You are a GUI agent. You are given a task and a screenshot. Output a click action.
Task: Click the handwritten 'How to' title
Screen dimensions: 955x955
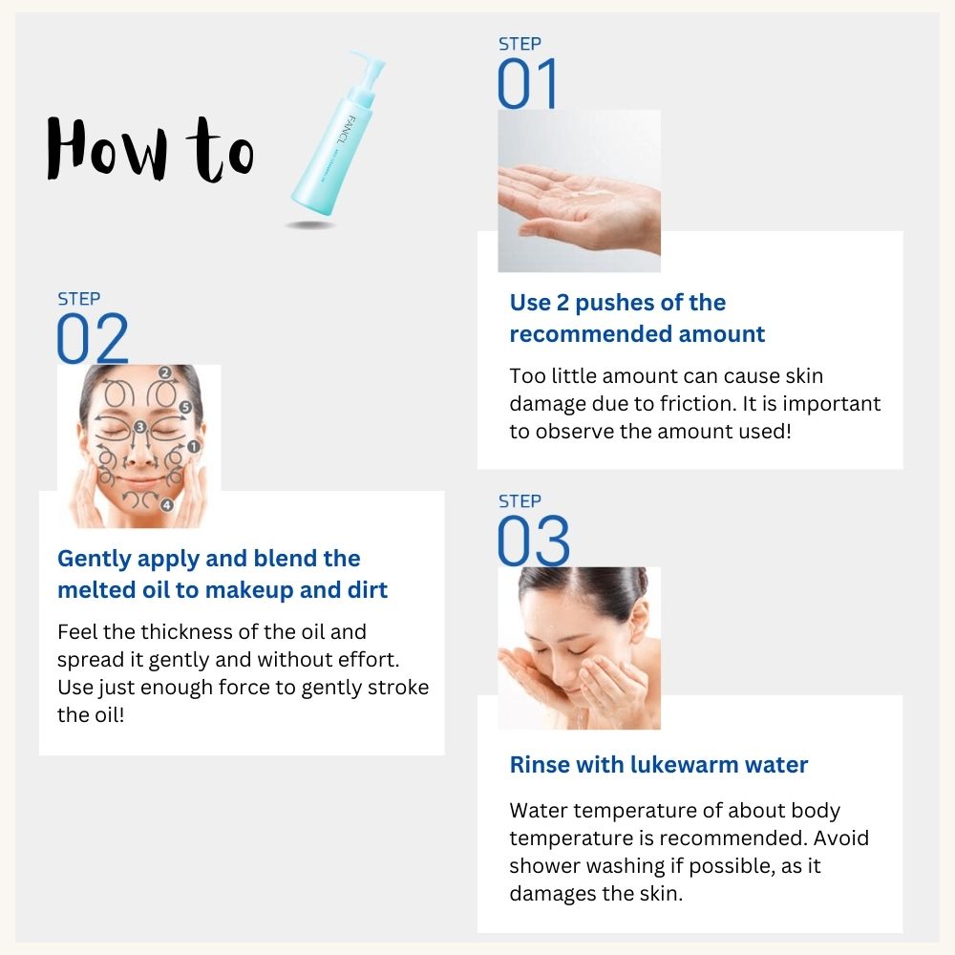click(x=150, y=149)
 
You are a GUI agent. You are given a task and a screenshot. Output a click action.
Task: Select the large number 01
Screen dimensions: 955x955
click(x=527, y=84)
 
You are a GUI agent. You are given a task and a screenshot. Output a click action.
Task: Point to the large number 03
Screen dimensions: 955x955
click(x=533, y=541)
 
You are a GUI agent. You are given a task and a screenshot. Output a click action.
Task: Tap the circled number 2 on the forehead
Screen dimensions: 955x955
click(x=164, y=372)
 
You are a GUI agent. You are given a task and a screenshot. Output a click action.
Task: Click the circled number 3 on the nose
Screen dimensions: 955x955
click(x=139, y=427)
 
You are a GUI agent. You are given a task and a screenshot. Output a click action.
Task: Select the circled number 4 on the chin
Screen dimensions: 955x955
click(x=166, y=504)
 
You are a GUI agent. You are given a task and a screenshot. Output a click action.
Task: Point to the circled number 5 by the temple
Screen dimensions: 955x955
click(x=185, y=407)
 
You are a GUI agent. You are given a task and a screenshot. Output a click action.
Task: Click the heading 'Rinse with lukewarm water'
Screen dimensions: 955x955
click(x=659, y=765)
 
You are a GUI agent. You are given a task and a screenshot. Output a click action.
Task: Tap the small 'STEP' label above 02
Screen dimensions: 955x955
click(x=78, y=299)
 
